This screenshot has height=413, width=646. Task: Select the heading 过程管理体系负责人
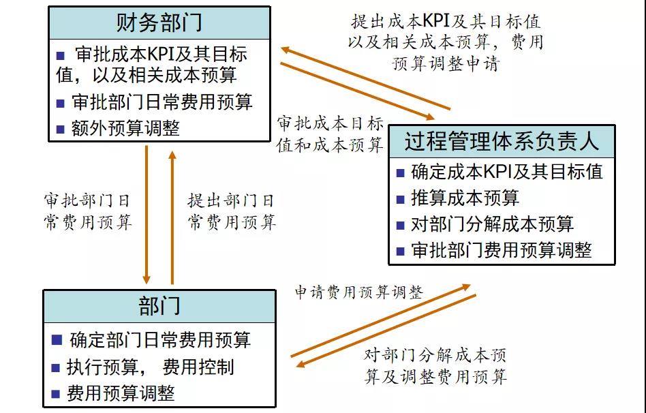pyautogui.click(x=502, y=142)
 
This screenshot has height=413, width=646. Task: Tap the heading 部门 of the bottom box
pyautogui.click(x=159, y=306)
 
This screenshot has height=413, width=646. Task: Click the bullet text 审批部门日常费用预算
pyautogui.click(x=162, y=102)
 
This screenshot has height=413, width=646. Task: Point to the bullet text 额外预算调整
pyautogui.click(x=125, y=128)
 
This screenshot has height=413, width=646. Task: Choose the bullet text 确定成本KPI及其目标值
pyautogui.click(x=507, y=171)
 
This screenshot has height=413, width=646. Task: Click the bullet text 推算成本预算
pyautogui.click(x=465, y=198)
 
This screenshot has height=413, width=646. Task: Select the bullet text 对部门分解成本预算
pyautogui.click(x=493, y=224)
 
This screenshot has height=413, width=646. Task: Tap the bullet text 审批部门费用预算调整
pyautogui.click(x=502, y=250)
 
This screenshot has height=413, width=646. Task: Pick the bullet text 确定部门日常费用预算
pyautogui.click(x=160, y=339)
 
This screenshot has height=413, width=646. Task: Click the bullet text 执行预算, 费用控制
pyautogui.click(x=151, y=367)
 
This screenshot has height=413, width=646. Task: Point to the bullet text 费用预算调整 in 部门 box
pyautogui.click(x=121, y=393)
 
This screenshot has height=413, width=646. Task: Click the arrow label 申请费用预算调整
pyautogui.click(x=358, y=292)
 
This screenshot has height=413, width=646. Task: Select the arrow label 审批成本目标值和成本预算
pyautogui.click(x=330, y=134)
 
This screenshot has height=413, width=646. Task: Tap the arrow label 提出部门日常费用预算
pyautogui.click(x=232, y=211)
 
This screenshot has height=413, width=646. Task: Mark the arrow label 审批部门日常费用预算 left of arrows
pyautogui.click(x=87, y=211)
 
